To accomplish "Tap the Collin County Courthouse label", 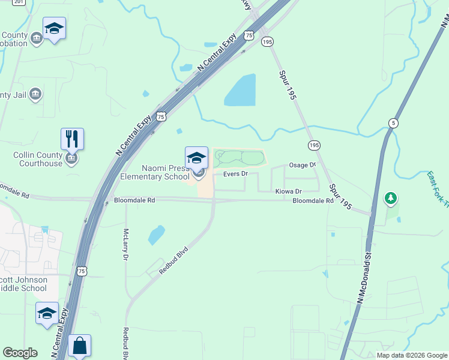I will (x=38, y=159).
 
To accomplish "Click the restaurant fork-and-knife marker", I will (x=72, y=139).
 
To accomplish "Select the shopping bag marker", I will (x=79, y=346).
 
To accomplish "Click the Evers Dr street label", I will (x=235, y=174).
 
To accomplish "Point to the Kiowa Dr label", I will (x=288, y=191).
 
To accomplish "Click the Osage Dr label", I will (x=302, y=165).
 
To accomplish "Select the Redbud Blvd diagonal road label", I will (x=174, y=260).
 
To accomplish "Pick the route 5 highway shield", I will (x=393, y=122).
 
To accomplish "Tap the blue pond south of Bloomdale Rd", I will (x=156, y=234).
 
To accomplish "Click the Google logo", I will (x=20, y=353).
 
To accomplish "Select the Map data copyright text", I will (x=411, y=355).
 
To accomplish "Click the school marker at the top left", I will (x=55, y=29).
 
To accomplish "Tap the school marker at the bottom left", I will (x=47, y=314).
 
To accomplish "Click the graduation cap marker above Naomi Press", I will (x=196, y=158).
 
